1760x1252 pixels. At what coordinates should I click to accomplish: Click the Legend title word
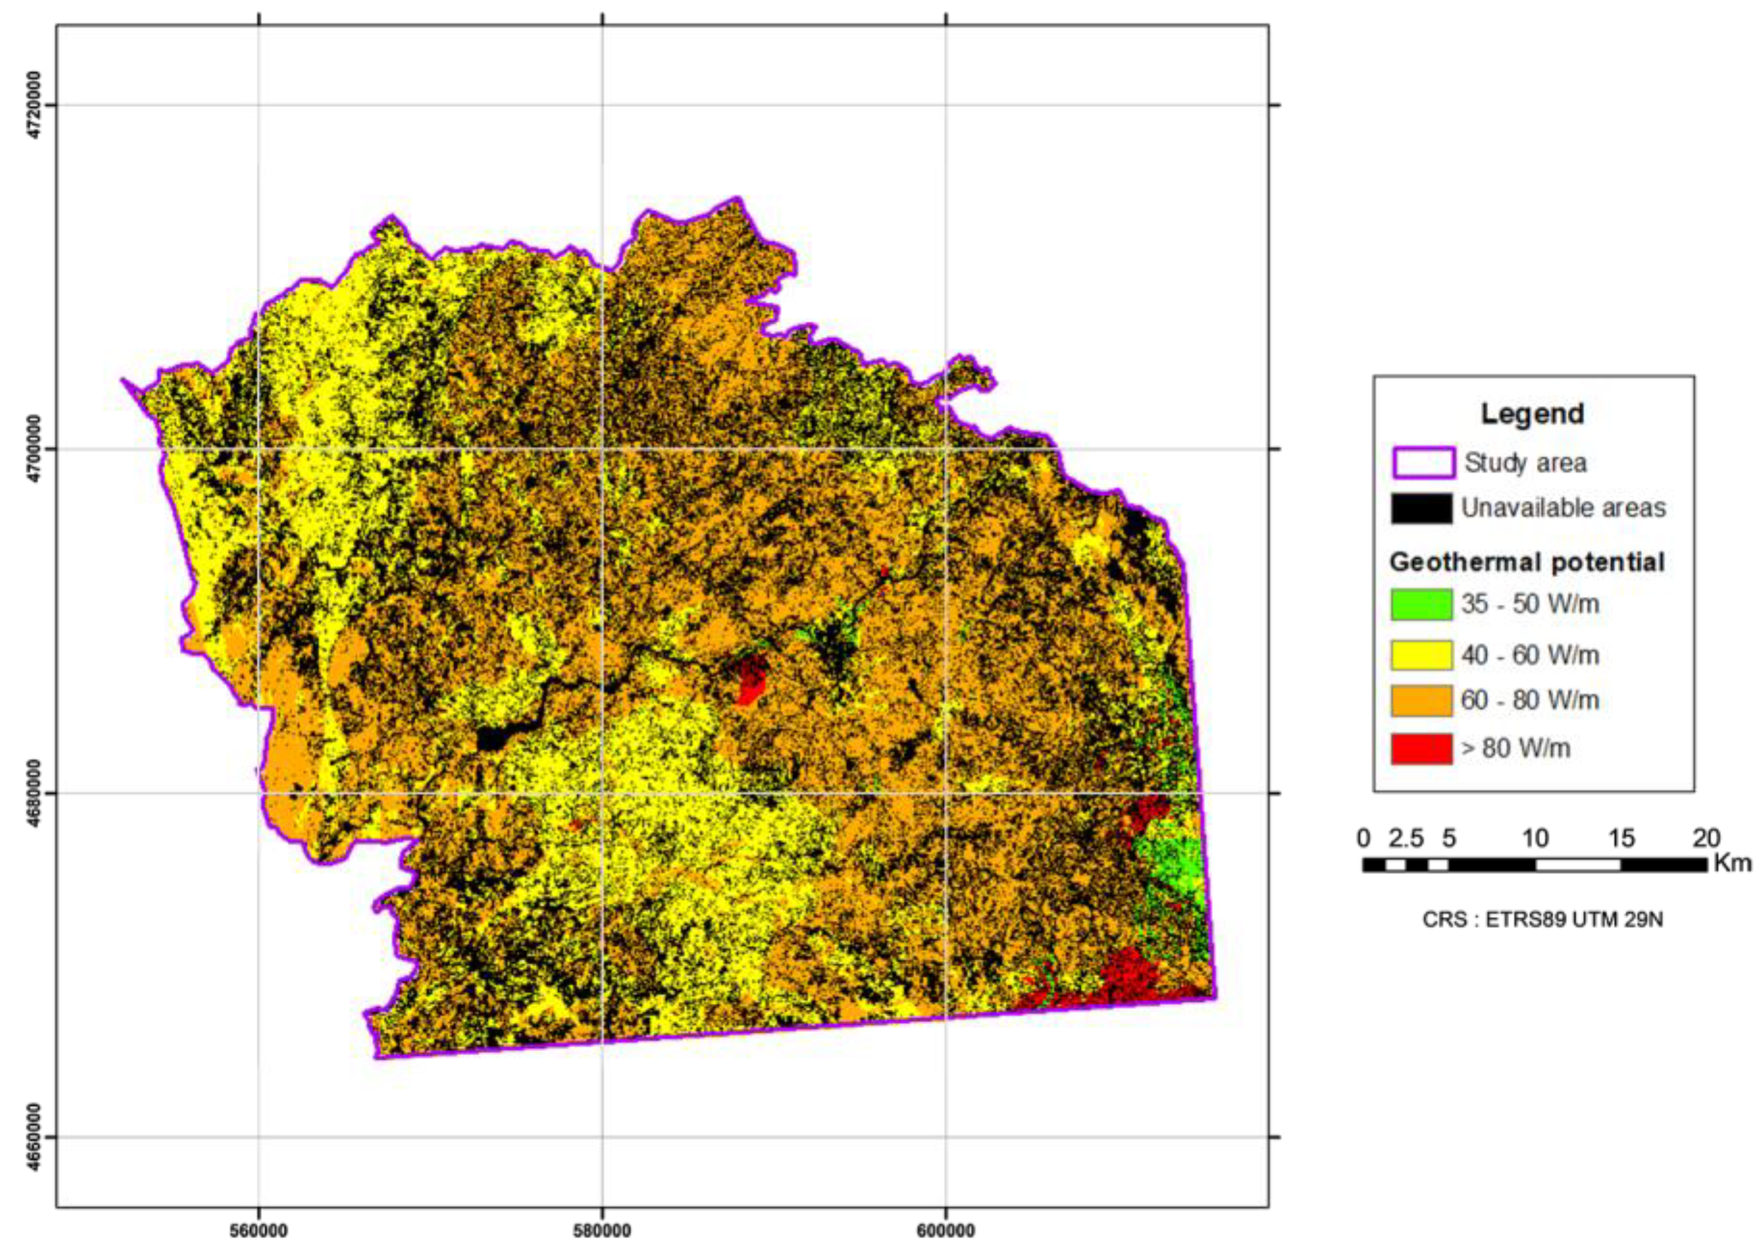pyautogui.click(x=1532, y=414)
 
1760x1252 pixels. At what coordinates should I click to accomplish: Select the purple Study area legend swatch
pyautogui.click(x=1423, y=463)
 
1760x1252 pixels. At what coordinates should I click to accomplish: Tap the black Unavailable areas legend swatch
pyautogui.click(x=1422, y=508)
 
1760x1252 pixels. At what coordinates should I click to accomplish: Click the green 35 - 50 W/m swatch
pyautogui.click(x=1422, y=604)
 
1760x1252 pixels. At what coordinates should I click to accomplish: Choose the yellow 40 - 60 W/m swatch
pyautogui.click(x=1422, y=655)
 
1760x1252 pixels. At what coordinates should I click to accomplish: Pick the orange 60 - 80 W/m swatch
pyautogui.click(x=1422, y=701)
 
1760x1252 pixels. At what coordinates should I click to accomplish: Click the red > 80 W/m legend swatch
pyautogui.click(x=1422, y=749)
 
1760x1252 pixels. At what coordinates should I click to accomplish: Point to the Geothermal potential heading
pyautogui.click(x=1527, y=562)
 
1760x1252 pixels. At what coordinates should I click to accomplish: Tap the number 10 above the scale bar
pyautogui.click(x=1535, y=838)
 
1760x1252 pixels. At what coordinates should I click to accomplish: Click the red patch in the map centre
pyautogui.click(x=750, y=678)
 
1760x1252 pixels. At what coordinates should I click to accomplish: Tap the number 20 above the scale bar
pyautogui.click(x=1706, y=838)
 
